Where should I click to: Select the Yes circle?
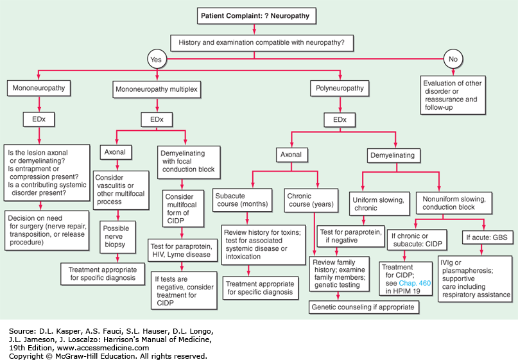tap(157, 59)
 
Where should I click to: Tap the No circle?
tap(453, 59)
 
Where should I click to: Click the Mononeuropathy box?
tap(39, 88)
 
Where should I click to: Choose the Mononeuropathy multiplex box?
tap(157, 89)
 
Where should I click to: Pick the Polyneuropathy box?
tap(340, 89)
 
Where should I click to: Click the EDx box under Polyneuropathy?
tap(340, 120)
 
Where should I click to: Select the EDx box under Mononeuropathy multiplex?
tap(157, 119)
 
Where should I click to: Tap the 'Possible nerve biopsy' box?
tap(117, 237)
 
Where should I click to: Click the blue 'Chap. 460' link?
tap(415, 283)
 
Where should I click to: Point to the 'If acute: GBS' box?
tap(487, 237)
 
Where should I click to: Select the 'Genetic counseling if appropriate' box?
tap(364, 307)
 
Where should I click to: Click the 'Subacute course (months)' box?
tap(243, 200)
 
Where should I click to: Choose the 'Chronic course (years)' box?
tap(311, 200)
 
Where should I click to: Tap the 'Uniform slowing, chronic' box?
tap(379, 204)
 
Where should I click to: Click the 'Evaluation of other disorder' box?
tap(453, 95)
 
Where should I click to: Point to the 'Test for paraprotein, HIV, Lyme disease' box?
tap(182, 250)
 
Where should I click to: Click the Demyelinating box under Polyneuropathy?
tap(393, 155)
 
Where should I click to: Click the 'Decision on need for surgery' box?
tap(47, 230)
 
